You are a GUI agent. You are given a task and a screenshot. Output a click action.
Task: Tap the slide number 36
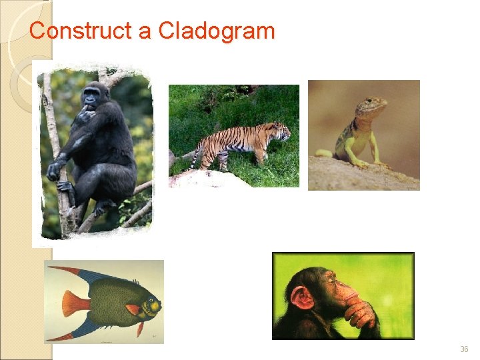[x=464, y=349]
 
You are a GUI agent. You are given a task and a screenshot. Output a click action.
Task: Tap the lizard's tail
[x=324, y=153]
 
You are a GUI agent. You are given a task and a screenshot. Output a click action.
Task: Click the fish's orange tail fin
[x=74, y=304]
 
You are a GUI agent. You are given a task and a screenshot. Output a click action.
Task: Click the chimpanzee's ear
[x=301, y=297]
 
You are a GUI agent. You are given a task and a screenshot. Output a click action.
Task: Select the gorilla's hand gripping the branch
[x=54, y=171]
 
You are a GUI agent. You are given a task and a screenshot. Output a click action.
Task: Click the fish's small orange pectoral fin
[x=133, y=310]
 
